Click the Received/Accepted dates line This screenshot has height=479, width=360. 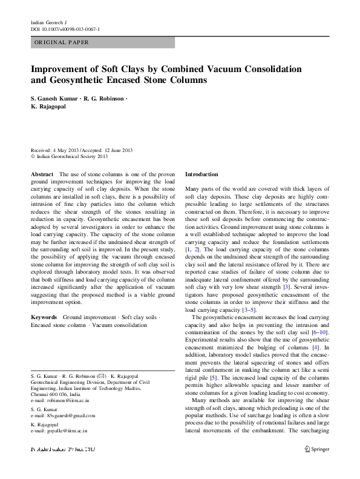(82, 150)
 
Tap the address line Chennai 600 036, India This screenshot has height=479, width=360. (59, 394)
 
